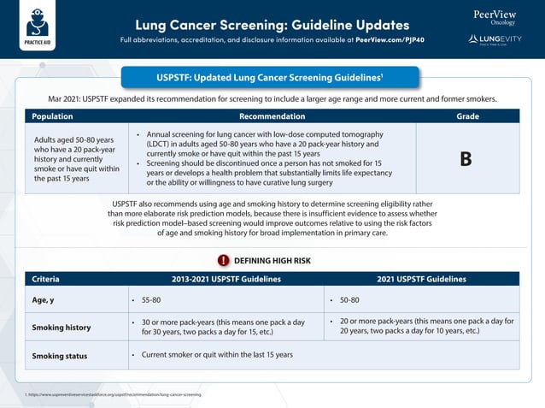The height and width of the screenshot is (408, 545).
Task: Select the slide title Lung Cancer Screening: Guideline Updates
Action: click(272, 24)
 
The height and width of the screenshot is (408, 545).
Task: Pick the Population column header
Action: click(53, 115)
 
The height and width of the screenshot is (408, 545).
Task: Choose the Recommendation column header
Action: click(272, 115)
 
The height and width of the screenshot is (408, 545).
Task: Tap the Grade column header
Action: click(467, 115)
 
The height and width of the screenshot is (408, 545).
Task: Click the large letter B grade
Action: click(466, 159)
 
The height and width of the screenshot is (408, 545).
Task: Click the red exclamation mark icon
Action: click(223, 260)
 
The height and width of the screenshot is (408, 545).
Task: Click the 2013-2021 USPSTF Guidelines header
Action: click(226, 279)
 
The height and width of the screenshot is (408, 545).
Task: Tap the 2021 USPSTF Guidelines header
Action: click(422, 279)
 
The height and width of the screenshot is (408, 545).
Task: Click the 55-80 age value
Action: click(151, 301)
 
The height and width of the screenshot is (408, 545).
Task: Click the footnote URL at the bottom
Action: click(115, 394)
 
